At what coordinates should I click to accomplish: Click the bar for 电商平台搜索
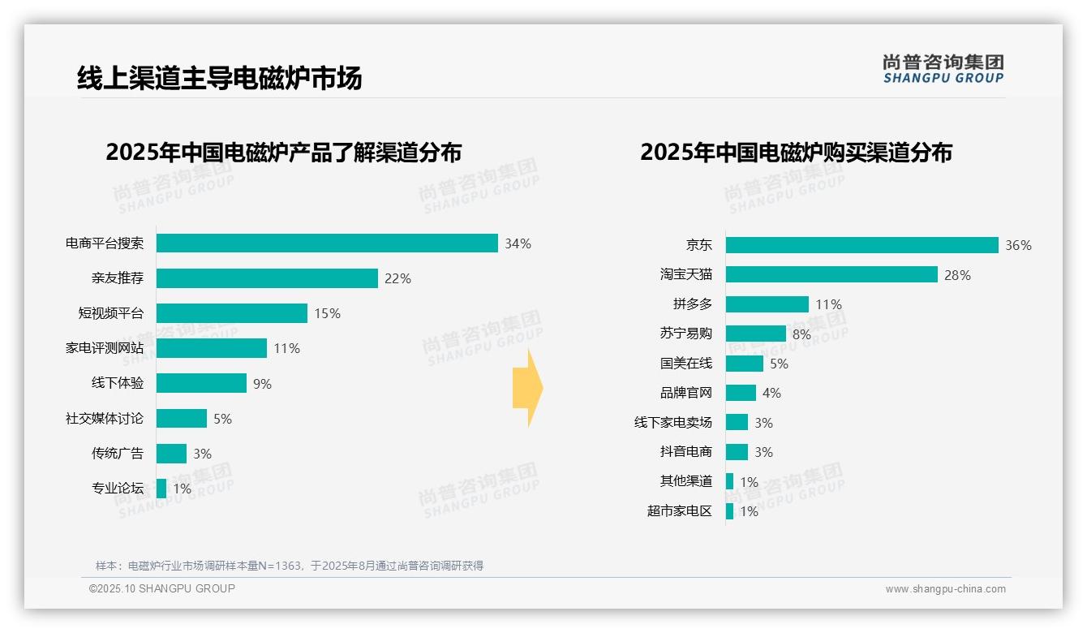point(327,243)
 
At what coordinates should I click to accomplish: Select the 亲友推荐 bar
point(267,278)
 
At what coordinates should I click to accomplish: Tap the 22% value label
point(397,278)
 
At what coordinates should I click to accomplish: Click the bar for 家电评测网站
point(212,348)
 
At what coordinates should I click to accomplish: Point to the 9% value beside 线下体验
point(262,384)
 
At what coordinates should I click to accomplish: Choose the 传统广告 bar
point(171,454)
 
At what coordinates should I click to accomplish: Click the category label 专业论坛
point(117,489)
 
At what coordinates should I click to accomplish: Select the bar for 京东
point(861,245)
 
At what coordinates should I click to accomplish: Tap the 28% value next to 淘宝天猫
point(957,275)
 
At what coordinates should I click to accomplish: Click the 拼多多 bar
point(767,304)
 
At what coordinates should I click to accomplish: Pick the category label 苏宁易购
point(685,334)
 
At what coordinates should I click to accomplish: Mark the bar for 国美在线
point(744,364)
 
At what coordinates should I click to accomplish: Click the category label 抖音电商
point(685,452)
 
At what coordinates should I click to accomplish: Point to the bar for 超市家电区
point(729,511)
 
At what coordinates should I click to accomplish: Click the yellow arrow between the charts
point(527,389)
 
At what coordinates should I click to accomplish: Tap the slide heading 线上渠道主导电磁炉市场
point(219,78)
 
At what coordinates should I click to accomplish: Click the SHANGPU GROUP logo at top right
point(943,68)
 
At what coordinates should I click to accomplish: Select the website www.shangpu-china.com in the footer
point(945,589)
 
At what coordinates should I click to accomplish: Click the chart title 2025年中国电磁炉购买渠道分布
point(796,153)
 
